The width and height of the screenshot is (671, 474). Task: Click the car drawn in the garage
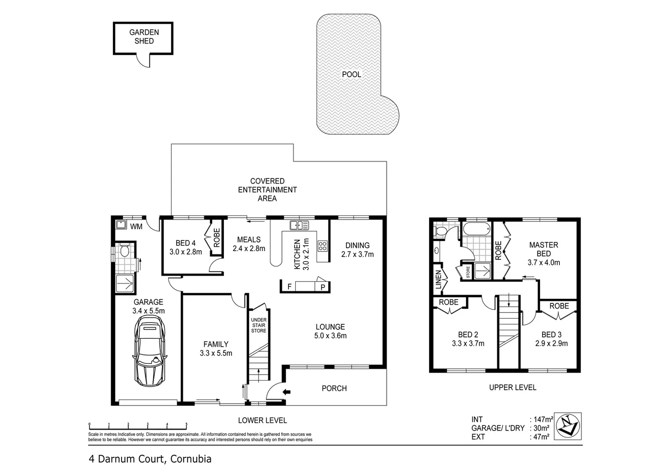click(x=149, y=351)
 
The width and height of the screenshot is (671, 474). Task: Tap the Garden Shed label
click(x=144, y=36)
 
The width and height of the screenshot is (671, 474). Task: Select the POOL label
click(x=351, y=75)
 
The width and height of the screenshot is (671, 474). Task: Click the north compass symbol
click(x=568, y=426)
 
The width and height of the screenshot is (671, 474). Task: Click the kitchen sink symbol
click(x=299, y=226)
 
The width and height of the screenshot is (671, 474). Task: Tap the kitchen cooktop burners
click(x=323, y=246)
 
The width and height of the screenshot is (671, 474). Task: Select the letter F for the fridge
click(x=289, y=287)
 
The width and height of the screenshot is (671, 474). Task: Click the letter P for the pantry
click(x=323, y=287)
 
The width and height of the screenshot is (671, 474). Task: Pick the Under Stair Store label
click(x=259, y=325)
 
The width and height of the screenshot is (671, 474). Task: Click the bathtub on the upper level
click(x=476, y=229)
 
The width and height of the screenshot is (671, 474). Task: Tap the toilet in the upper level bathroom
click(x=440, y=231)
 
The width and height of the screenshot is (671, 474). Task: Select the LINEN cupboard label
click(x=438, y=280)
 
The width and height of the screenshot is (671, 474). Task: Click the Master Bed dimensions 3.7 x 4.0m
click(x=544, y=262)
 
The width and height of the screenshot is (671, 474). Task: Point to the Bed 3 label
click(x=551, y=334)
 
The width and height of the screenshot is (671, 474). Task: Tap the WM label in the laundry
click(x=136, y=227)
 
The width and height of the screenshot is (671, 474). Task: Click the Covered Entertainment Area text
click(x=267, y=190)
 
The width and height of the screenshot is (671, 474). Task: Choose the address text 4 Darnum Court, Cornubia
click(x=150, y=459)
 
